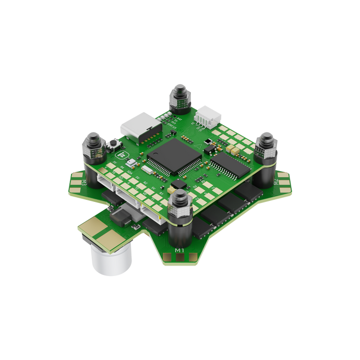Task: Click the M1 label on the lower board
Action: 180,251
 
